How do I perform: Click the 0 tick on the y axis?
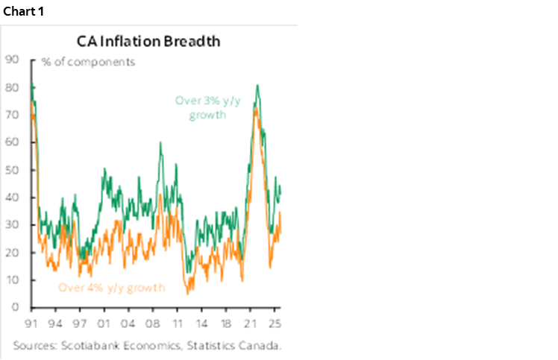[x=13, y=307]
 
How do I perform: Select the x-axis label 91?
[x=31, y=324]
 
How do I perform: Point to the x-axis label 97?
[x=80, y=324]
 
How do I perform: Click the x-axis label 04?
[x=128, y=324]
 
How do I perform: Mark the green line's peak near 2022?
[x=257, y=85]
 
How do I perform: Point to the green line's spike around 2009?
[x=160, y=143]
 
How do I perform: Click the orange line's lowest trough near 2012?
[x=188, y=293]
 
